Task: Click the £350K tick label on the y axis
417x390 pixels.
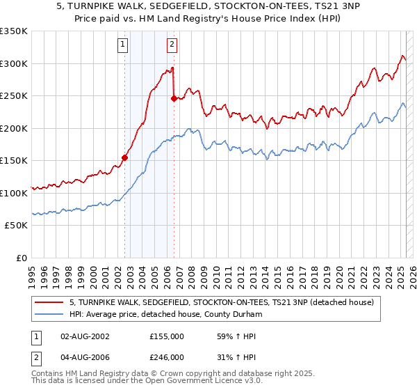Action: [14, 31]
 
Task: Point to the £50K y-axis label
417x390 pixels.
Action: [16, 226]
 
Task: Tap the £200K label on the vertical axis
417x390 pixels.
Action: [14, 128]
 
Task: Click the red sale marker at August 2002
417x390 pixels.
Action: [124, 157]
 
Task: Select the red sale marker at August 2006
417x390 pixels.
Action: [174, 98]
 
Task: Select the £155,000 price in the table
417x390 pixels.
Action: [167, 336]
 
